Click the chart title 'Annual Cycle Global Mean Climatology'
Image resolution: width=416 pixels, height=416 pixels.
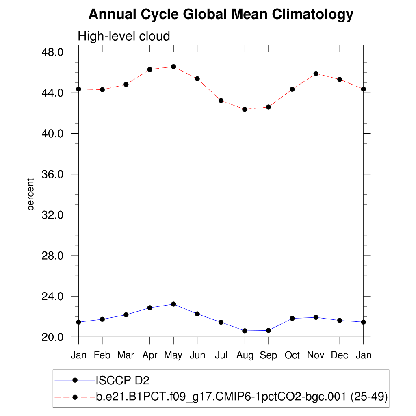221,15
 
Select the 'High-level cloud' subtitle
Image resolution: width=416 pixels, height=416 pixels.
123,37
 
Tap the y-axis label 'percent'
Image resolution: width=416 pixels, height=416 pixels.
31,194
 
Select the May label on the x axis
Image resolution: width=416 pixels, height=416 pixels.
173,355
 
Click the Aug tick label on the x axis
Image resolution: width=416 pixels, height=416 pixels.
245,355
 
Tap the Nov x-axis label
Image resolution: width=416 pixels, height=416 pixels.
316,355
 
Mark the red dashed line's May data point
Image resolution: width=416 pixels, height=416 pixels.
173,67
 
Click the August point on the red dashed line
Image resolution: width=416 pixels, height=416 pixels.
245,109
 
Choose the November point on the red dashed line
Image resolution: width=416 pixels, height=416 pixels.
316,74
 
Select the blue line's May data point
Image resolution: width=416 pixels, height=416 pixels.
173,304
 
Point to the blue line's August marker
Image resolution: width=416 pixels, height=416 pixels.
245,331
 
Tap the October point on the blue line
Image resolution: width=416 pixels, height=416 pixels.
292,318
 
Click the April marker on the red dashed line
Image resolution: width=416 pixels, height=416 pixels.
150,69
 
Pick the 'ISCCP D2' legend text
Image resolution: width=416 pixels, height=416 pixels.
122,381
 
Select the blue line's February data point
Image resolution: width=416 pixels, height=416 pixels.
102,319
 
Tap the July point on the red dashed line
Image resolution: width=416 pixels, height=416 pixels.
221,100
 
